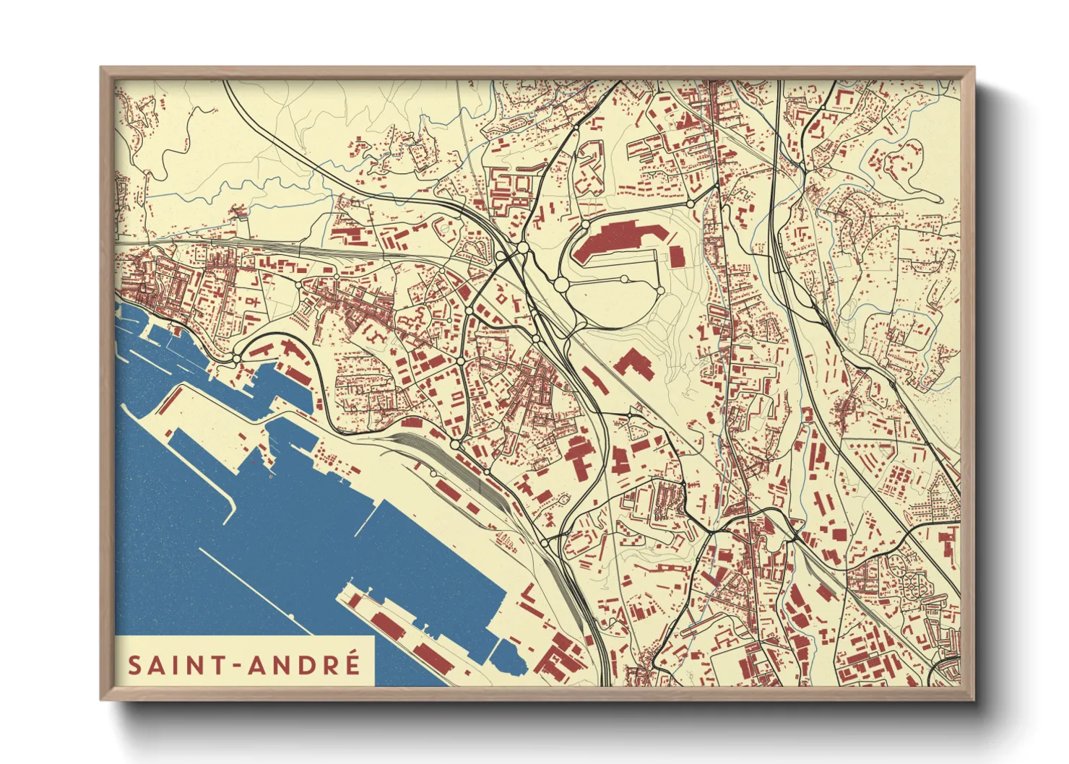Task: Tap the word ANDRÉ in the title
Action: (x=304, y=664)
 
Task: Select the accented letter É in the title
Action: (x=352, y=663)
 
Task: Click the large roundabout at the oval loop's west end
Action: (x=561, y=285)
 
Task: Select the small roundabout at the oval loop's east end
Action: (x=660, y=290)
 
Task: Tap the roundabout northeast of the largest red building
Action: (x=691, y=204)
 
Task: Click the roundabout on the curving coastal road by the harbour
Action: (x=236, y=358)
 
